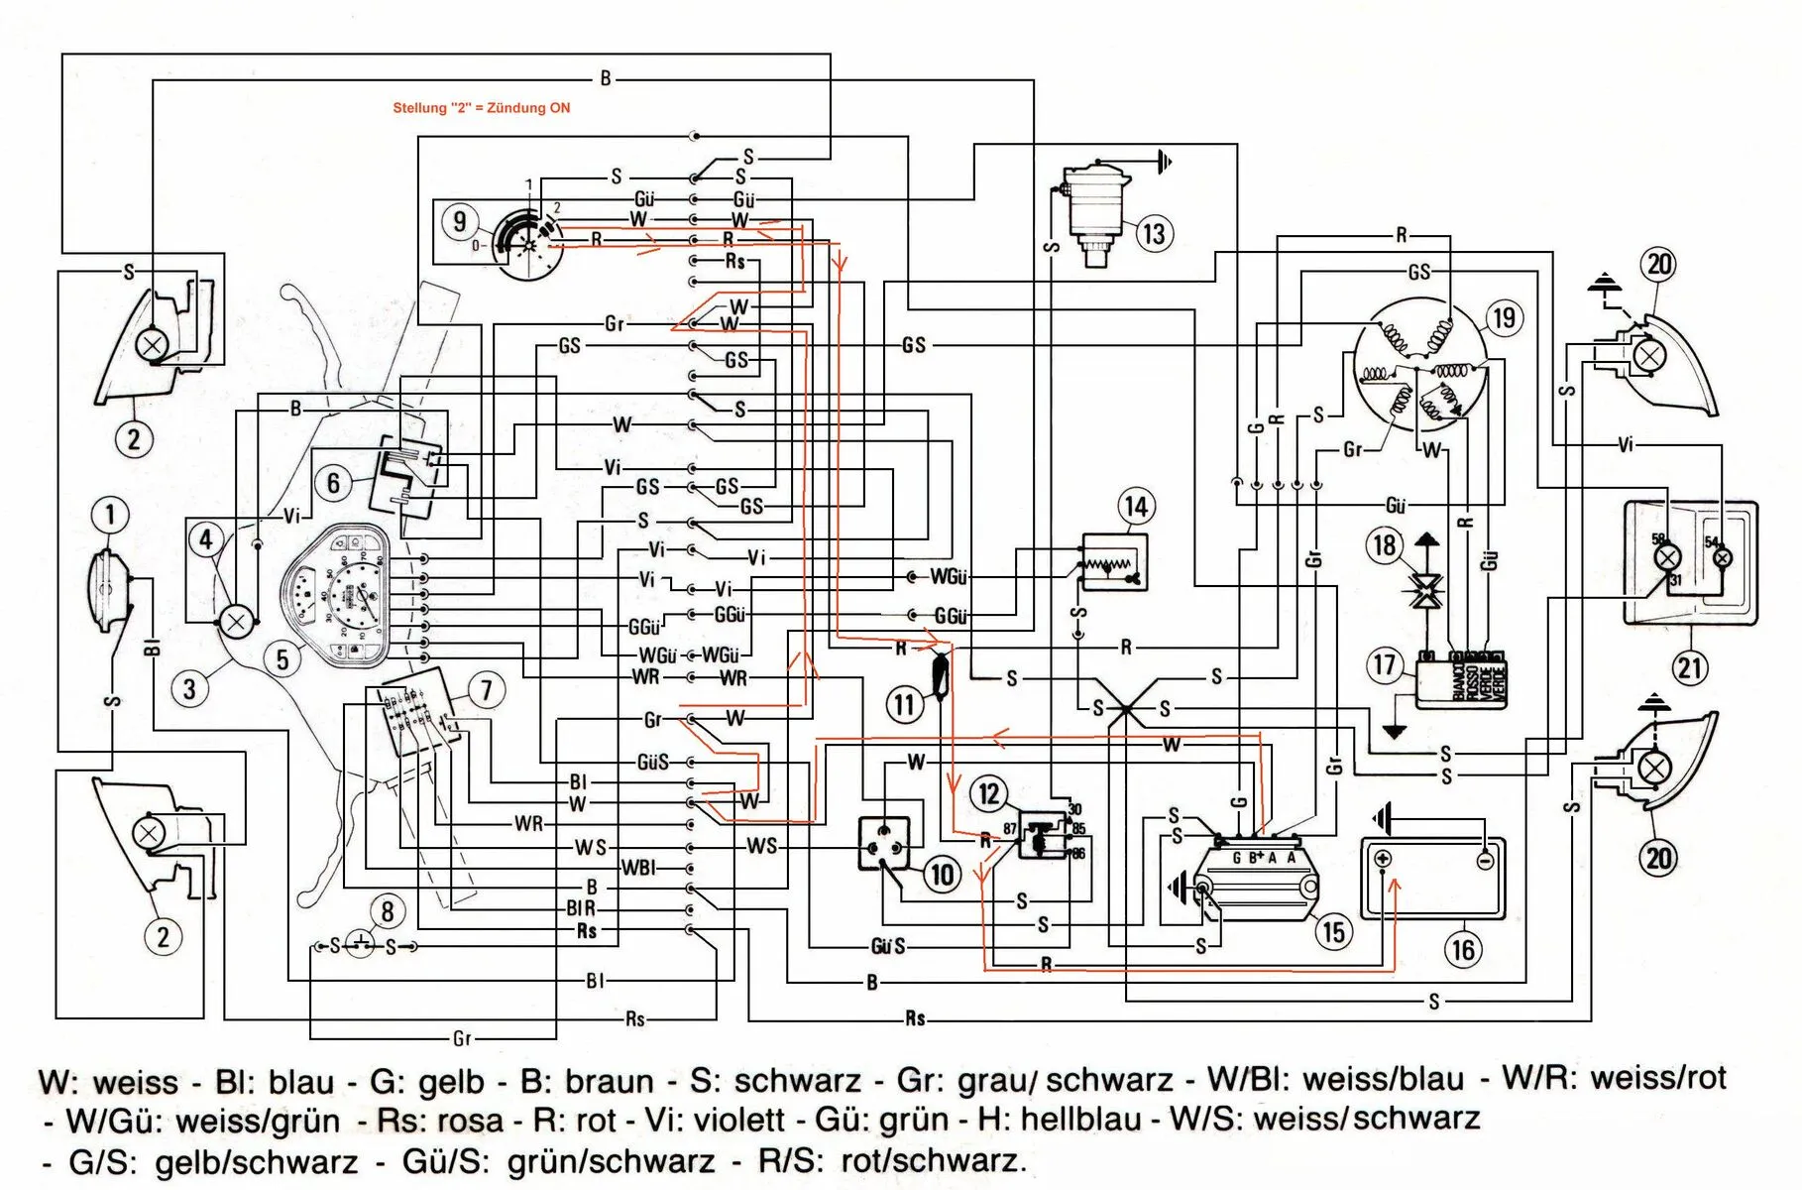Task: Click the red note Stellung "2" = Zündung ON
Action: coord(481,108)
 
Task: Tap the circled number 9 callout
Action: coord(459,221)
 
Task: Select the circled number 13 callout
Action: coord(1154,234)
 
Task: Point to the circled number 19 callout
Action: coord(1504,318)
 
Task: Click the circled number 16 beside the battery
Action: coord(1463,950)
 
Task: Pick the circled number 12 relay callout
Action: coord(989,792)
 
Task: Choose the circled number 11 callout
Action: coord(903,705)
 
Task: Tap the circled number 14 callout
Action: coord(1136,507)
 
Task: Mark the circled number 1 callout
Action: coord(110,515)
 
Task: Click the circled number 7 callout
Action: coord(486,690)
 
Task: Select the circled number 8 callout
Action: coord(387,911)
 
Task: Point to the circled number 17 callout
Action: coord(1384,664)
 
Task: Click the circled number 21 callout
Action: coord(1690,666)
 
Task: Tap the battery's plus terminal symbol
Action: coord(1384,860)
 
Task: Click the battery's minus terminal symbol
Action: coord(1484,860)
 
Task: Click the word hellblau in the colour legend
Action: coord(1080,1120)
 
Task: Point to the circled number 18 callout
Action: coord(1385,544)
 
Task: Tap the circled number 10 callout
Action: coord(942,875)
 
